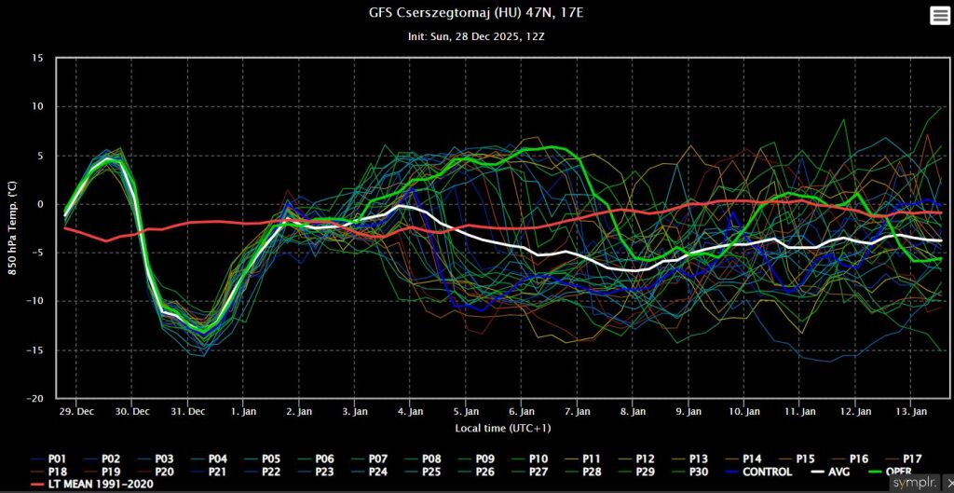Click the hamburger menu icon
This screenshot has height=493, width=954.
pyautogui.click(x=938, y=15)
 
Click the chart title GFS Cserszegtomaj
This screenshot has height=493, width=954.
pyautogui.click(x=476, y=14)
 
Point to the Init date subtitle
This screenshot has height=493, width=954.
pyautogui.click(x=476, y=36)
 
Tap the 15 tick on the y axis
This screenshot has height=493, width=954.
pyautogui.click(x=37, y=58)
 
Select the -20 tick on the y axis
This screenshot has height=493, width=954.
pyautogui.click(x=35, y=398)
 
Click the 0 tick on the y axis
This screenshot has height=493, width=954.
pyautogui.click(x=40, y=204)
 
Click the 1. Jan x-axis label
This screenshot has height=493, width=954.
pyautogui.click(x=243, y=411)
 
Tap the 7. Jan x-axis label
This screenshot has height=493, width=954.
pyautogui.click(x=578, y=411)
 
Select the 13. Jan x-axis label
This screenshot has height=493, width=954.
pyautogui.click(x=911, y=411)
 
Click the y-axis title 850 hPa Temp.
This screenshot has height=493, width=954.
pyautogui.click(x=13, y=227)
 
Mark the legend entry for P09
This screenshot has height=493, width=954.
pyautogui.click(x=484, y=459)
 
